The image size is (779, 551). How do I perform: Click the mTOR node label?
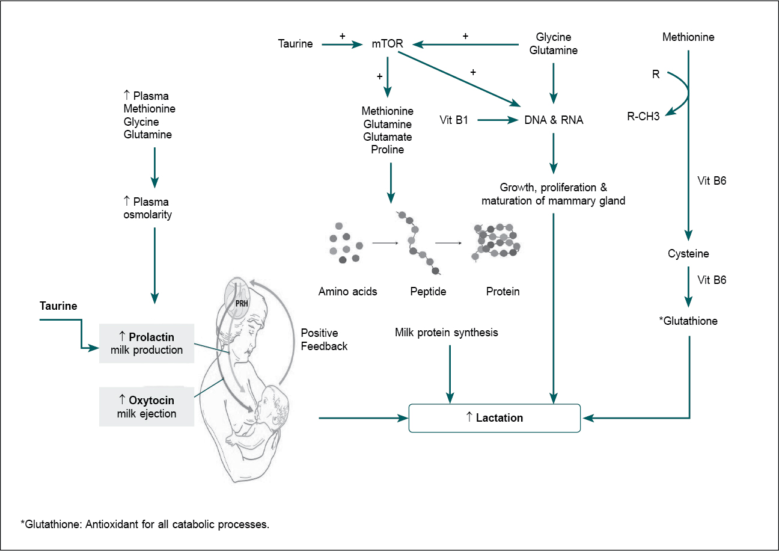[387, 43]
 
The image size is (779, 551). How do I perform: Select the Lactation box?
[494, 417]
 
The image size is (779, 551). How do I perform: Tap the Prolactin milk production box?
[147, 343]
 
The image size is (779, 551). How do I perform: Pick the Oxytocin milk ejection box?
[147, 407]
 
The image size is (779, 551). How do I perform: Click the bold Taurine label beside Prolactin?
[58, 306]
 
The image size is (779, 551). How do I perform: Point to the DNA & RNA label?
[554, 120]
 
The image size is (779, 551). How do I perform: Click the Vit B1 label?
[454, 120]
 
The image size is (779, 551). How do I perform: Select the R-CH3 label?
[643, 117]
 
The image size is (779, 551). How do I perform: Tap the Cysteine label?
[688, 254]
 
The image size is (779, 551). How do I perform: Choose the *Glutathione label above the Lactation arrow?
[688, 321]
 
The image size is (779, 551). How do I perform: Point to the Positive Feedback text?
[324, 339]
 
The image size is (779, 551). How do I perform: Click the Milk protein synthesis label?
[447, 332]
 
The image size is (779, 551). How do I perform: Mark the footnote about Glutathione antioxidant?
[145, 524]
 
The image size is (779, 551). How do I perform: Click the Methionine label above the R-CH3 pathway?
[688, 37]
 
